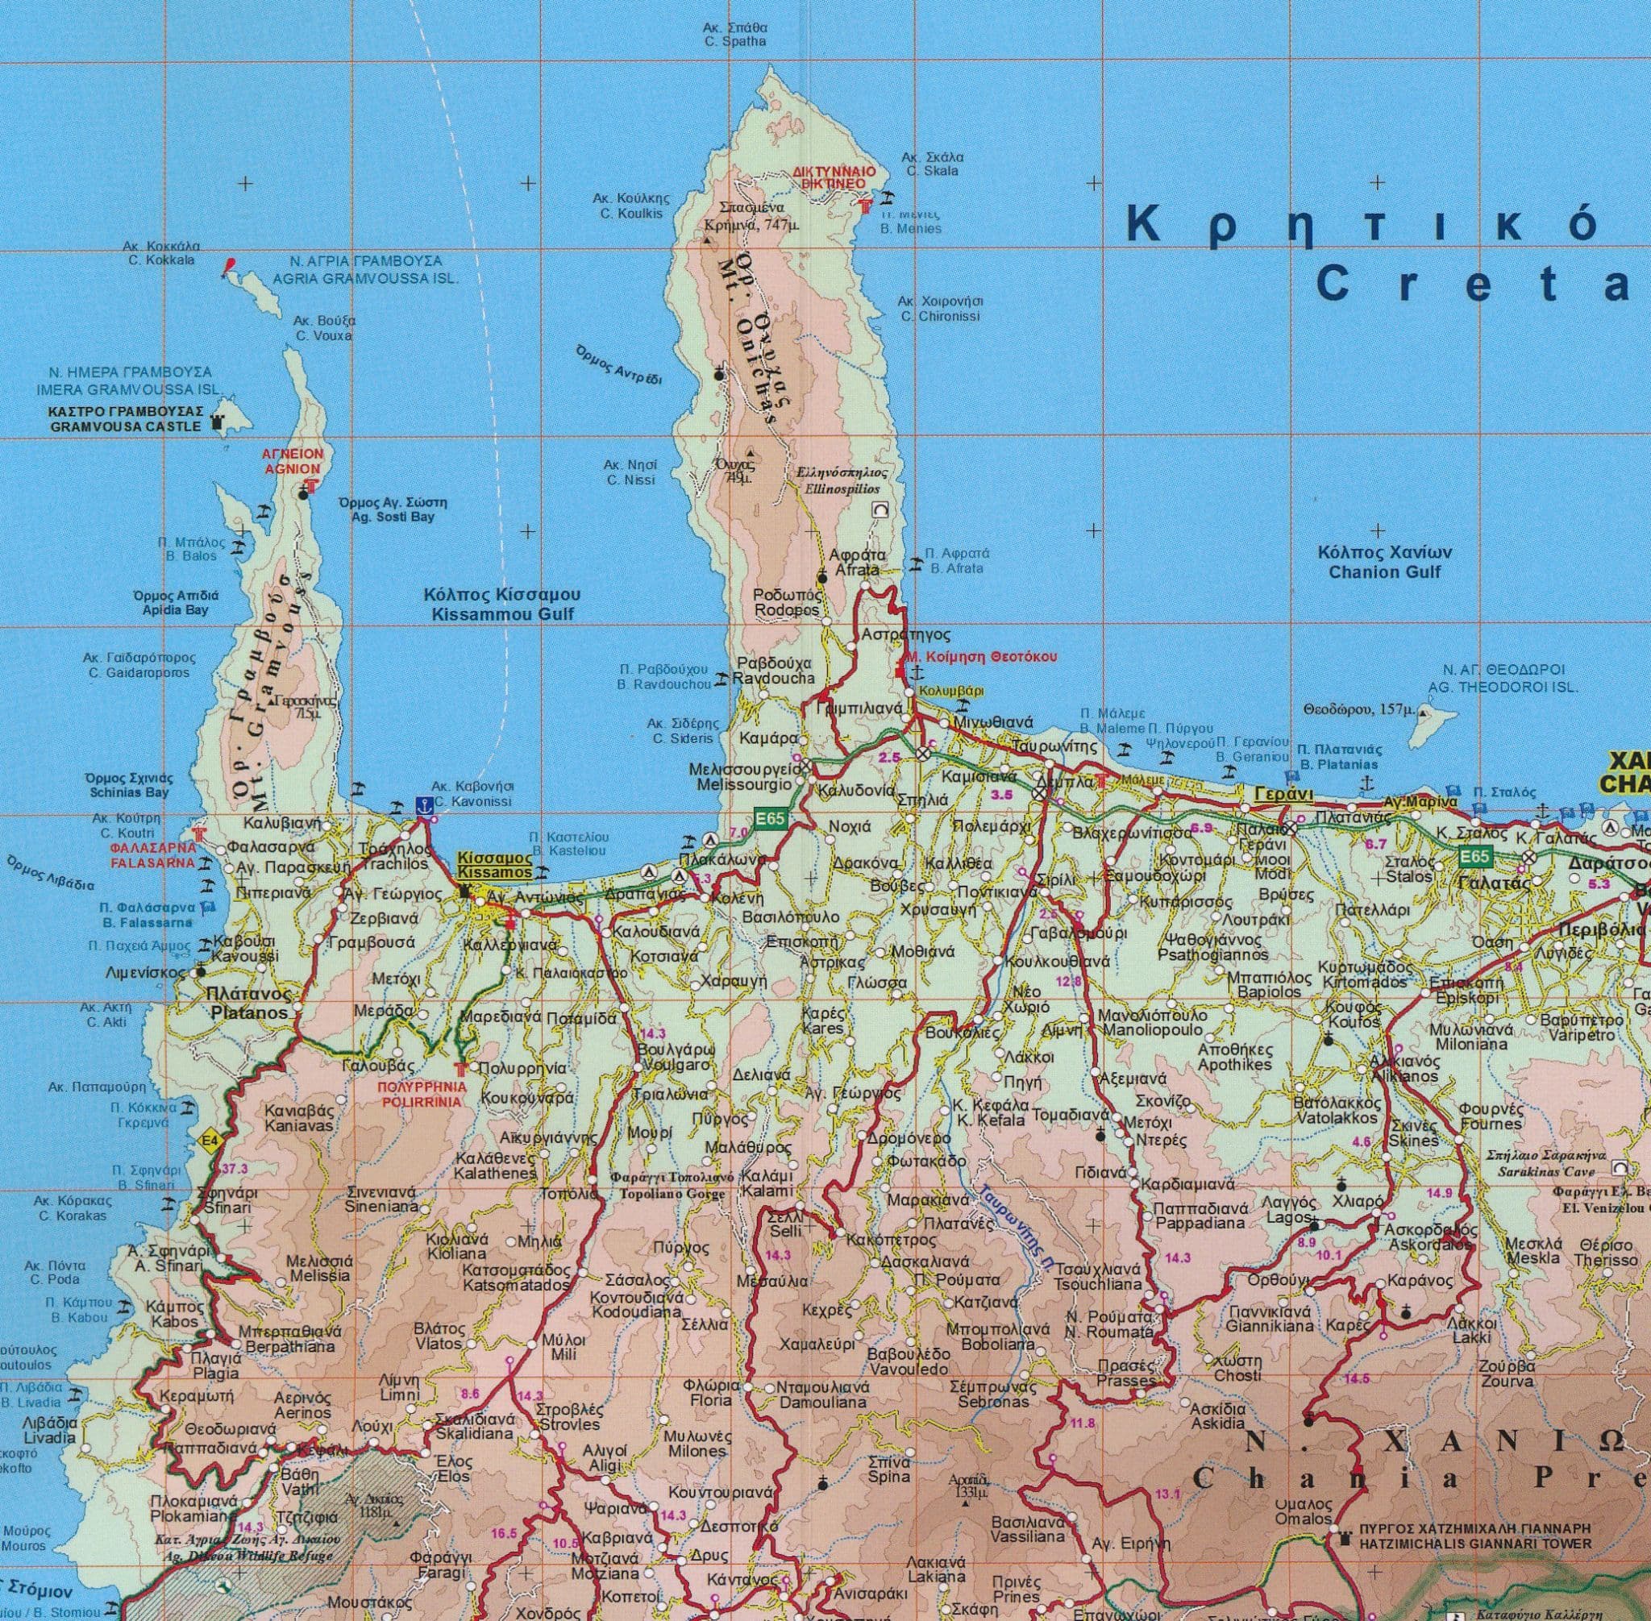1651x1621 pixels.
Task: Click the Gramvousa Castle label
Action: click(124, 418)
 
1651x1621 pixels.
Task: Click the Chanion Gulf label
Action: click(1384, 562)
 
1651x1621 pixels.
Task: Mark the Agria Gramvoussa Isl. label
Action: click(365, 270)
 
